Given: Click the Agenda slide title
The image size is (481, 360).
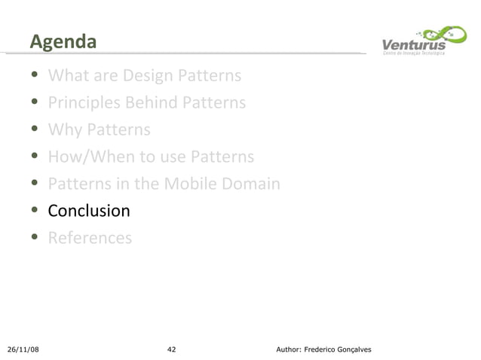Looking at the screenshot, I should (63, 42).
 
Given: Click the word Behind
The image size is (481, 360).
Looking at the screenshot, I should (153, 102).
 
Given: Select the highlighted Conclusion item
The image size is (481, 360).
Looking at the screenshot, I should (89, 211).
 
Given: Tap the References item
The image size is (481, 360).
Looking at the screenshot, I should (90, 238).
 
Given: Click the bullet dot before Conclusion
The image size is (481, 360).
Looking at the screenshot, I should (35, 212).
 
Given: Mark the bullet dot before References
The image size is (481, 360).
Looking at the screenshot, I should (35, 239).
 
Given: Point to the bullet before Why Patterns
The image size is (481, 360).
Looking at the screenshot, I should (35, 130).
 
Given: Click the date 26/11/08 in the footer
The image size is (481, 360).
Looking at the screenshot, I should (23, 349).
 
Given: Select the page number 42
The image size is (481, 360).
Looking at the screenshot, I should (172, 349).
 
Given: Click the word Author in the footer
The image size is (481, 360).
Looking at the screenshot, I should (290, 349).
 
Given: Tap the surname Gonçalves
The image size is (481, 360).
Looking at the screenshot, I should (351, 349).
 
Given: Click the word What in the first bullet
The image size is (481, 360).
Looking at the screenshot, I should (66, 76).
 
